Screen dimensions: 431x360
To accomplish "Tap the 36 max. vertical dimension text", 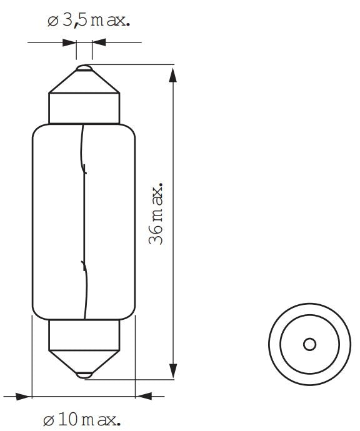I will click(157, 214).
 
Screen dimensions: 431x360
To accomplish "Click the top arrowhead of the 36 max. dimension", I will click(174, 75).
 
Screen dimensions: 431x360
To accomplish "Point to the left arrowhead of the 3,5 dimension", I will click(69, 43).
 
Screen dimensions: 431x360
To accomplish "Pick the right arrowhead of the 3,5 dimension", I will click(99, 43).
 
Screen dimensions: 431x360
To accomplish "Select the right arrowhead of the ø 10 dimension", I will click(143, 395).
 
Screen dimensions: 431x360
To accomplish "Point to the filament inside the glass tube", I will click(84, 219).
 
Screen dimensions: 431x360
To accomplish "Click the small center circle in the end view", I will click(309, 344).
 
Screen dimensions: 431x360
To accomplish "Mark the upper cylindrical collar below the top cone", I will click(84, 108).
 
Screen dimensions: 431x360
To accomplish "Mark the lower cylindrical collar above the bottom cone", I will click(84, 334).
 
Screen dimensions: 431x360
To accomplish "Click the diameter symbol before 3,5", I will click(53, 22).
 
